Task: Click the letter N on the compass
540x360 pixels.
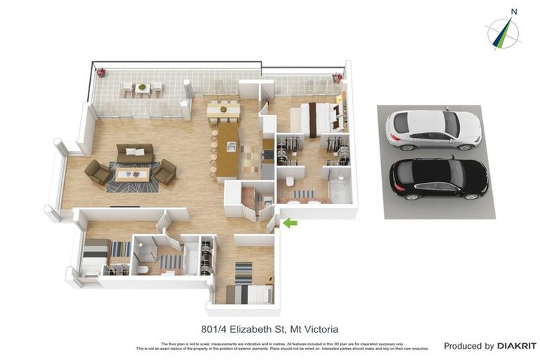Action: [514, 11]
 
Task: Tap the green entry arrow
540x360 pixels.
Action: [290, 223]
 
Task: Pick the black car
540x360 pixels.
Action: [438, 176]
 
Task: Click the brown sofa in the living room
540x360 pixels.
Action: [135, 153]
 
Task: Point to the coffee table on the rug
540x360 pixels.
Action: [132, 174]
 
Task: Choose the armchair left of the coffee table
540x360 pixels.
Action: [97, 172]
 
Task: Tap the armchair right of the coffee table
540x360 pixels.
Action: [165, 172]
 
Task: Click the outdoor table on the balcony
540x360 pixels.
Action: [143, 89]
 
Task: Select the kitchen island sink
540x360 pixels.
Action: [231, 146]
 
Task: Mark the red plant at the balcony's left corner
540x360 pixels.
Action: [101, 71]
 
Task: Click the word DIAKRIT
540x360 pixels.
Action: [516, 346]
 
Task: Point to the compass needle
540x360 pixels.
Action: [503, 33]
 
